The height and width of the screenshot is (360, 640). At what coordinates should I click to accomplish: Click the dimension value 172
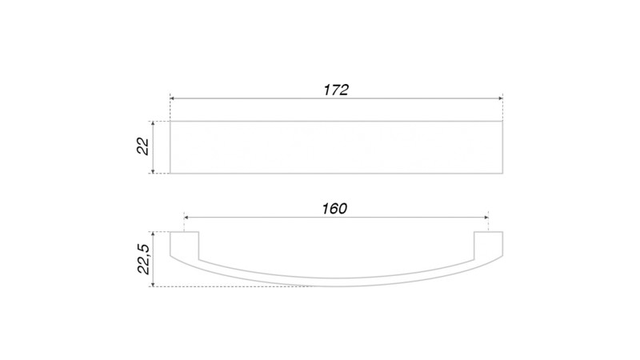point(336,90)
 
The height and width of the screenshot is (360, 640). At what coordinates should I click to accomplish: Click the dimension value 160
point(334,209)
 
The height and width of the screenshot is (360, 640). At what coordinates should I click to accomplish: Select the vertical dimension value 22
point(143,146)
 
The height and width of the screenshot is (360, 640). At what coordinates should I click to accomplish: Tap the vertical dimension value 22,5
point(144,259)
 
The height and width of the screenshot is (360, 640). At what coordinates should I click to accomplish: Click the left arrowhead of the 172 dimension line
point(172,98)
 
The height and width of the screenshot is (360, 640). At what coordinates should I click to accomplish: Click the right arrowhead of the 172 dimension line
point(500,98)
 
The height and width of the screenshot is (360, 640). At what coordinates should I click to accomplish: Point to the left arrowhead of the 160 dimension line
point(186,218)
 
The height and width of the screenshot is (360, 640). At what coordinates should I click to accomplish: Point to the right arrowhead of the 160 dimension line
point(486,218)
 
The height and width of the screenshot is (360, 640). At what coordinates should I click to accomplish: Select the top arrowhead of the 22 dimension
point(153,124)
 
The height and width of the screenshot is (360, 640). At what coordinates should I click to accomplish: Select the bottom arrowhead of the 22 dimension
point(153,170)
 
